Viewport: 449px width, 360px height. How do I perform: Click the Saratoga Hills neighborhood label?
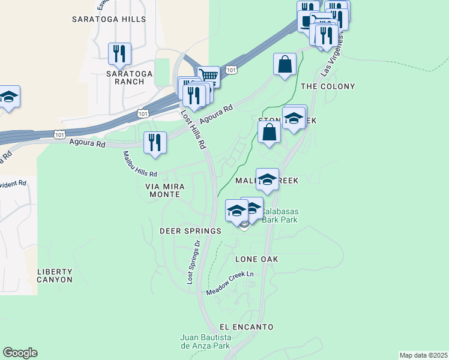[109, 19]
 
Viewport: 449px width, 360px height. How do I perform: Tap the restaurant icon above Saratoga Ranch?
[119, 53]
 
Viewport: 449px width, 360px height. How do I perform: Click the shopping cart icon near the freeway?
[208, 77]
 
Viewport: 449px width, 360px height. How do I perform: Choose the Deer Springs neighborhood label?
[190, 230]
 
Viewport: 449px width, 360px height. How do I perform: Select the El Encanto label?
[246, 327]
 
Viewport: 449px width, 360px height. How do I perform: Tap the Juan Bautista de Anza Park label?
[205, 342]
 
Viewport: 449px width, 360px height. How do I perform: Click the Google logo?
[20, 353]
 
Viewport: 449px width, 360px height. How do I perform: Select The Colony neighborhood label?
[325, 86]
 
